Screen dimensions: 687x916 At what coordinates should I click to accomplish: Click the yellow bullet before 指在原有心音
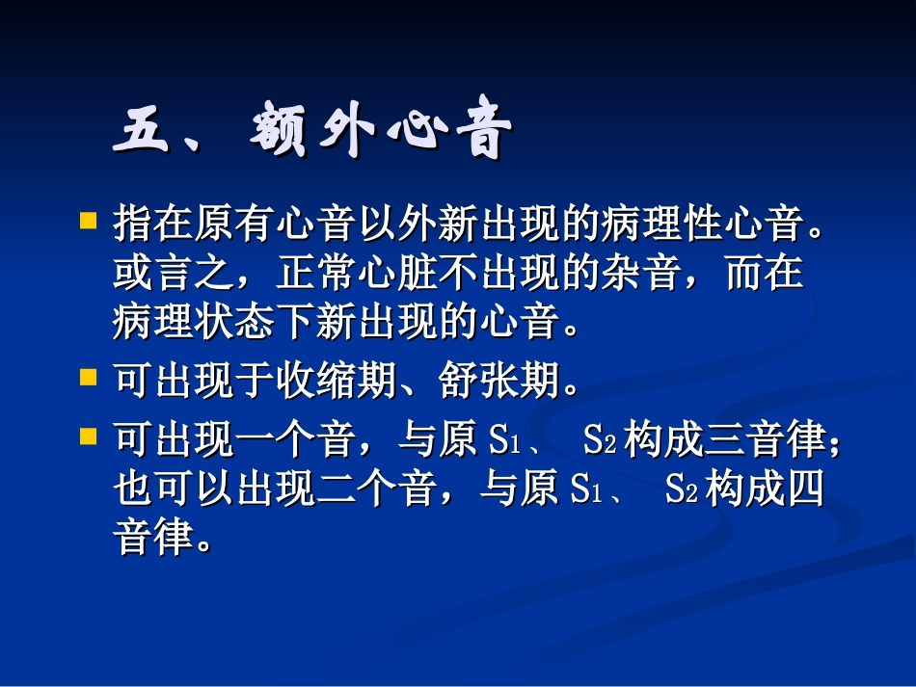tap(89, 222)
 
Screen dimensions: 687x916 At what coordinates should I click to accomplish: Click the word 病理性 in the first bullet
tap(681, 225)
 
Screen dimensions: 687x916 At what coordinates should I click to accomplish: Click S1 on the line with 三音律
tap(505, 443)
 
